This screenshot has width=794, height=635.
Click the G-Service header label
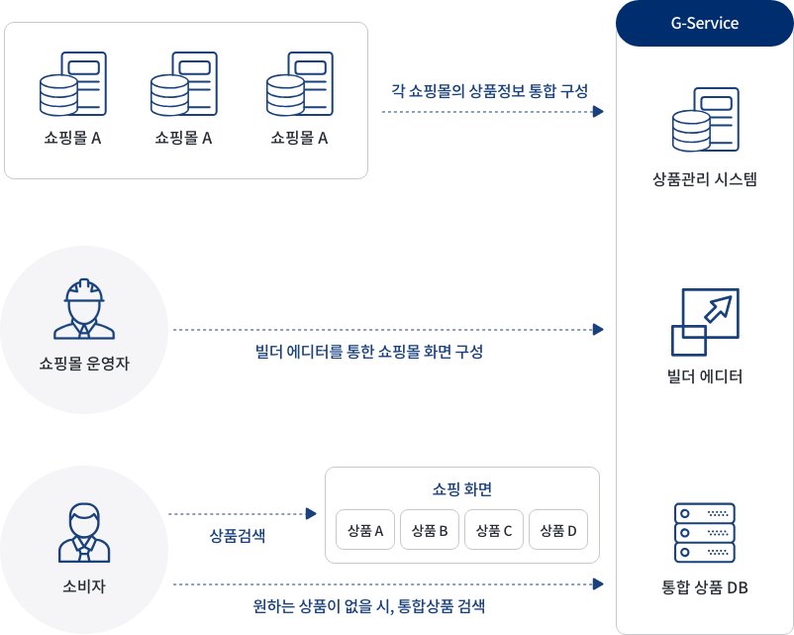704,23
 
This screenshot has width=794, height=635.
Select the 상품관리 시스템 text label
704,179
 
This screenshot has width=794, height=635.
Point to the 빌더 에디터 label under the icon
704,376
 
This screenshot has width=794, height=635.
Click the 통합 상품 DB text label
704,587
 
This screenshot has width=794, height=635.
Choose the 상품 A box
365,530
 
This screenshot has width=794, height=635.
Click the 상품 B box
430,530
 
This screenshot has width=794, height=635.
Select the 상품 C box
494,530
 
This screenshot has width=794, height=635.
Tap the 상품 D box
558,530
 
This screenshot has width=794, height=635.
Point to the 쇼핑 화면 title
462,489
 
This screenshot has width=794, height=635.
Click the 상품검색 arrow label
238,536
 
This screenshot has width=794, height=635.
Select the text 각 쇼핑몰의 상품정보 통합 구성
490,91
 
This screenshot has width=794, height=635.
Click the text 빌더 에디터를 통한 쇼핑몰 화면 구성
369,351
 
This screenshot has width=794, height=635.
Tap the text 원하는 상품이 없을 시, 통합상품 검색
369,605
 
